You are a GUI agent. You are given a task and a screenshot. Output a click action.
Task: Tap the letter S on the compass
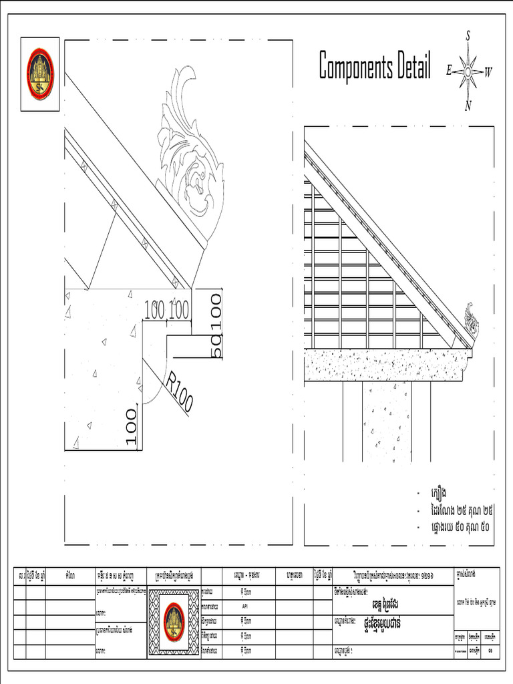coord(468,35)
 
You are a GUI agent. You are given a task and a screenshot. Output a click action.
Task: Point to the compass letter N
coord(468,105)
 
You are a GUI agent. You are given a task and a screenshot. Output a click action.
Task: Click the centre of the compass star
coord(468,71)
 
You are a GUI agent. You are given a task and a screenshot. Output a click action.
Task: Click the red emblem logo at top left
coord(40,73)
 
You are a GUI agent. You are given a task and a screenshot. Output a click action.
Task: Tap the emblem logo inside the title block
coord(174,621)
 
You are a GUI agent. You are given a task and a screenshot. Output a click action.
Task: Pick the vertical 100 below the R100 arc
coord(131,427)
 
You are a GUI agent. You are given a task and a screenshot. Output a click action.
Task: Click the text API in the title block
coord(246,606)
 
